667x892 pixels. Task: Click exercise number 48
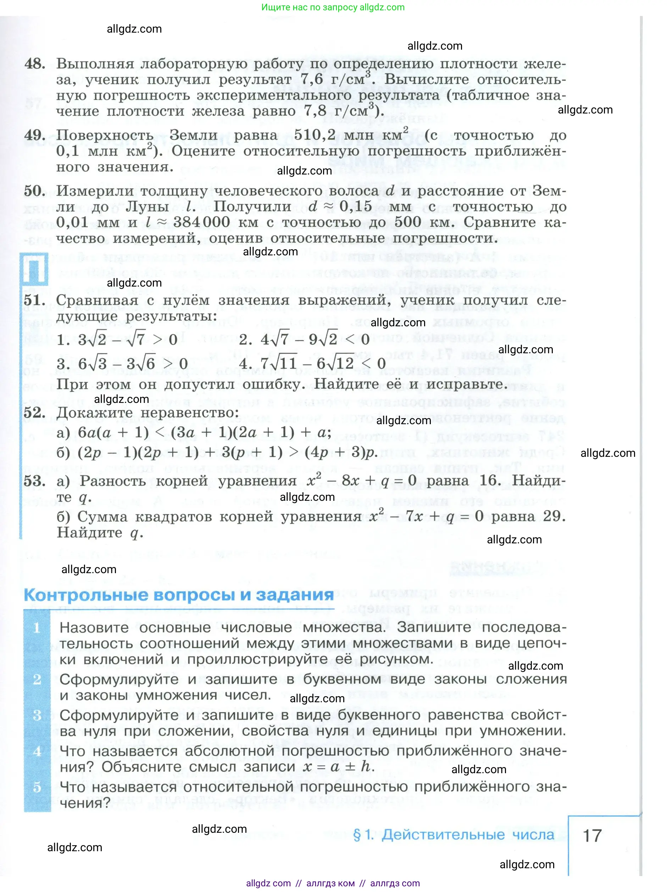point(35,64)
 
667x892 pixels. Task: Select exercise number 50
point(34,191)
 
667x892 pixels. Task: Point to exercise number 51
point(34,300)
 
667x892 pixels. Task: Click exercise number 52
point(34,412)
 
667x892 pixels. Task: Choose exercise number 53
point(34,481)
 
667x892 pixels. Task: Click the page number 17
point(592,835)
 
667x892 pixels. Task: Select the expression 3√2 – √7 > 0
point(117,339)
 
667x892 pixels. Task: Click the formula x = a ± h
point(338,766)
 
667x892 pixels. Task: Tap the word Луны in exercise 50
point(147,206)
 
